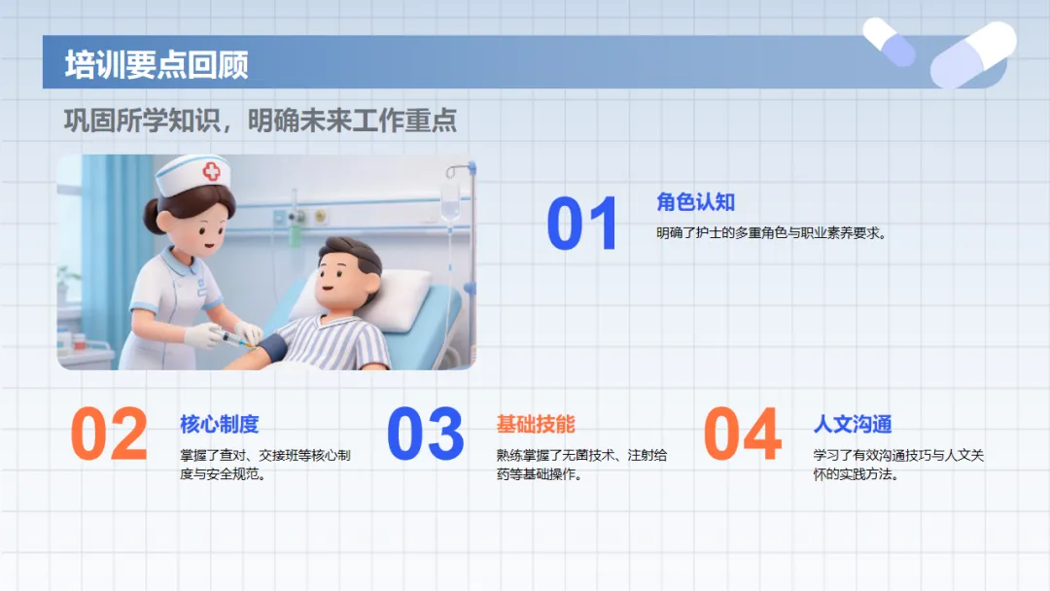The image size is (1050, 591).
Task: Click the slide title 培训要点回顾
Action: pos(157,65)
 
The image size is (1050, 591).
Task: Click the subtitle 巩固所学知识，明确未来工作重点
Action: pos(261,121)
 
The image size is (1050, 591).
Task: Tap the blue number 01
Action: pos(582,224)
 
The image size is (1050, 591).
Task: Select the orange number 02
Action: pos(109,434)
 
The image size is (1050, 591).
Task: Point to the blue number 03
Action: pos(425,434)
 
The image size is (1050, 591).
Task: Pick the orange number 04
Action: pos(743,434)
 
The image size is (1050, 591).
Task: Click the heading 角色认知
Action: pos(696,201)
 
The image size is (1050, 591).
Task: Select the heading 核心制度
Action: pos(219,424)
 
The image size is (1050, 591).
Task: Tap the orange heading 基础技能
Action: pos(536,424)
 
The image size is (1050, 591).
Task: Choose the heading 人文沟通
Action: pos(853,424)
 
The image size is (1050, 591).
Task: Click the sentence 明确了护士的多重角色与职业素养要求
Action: pos(771,233)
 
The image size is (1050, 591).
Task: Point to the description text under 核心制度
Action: pos(265,465)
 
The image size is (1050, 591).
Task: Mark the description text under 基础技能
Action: pos(582,465)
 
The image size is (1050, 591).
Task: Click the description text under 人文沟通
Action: pos(898,465)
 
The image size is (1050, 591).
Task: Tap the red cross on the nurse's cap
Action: pos(212,171)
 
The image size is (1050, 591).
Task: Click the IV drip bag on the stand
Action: pos(450,202)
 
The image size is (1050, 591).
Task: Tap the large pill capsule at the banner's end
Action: pos(973,54)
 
